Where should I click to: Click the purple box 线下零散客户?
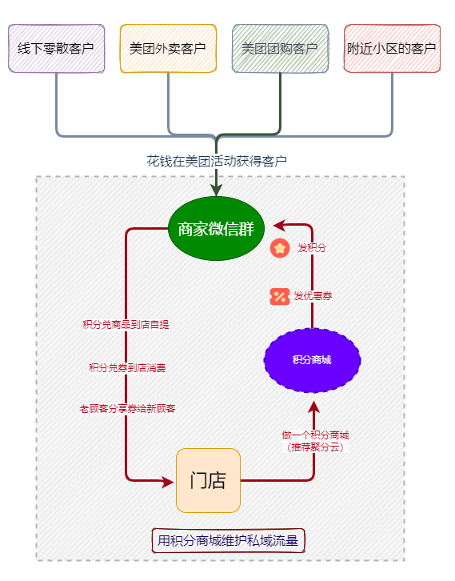click(56, 49)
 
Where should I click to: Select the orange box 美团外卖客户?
click(168, 49)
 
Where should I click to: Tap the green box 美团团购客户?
click(280, 49)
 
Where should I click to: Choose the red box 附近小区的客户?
click(392, 49)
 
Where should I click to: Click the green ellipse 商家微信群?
click(216, 229)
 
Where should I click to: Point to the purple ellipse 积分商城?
click(312, 360)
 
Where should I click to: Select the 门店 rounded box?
click(208, 481)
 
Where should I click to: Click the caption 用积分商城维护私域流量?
click(228, 541)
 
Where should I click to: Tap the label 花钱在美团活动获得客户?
click(217, 161)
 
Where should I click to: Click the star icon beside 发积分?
click(280, 248)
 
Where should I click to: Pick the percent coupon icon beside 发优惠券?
click(280, 296)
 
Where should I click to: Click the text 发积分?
click(312, 248)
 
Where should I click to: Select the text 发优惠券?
click(313, 296)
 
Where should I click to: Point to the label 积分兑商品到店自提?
click(126, 325)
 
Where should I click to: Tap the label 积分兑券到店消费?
click(127, 368)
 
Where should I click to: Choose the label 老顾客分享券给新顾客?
click(127, 409)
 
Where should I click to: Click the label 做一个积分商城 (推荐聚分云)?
click(315, 441)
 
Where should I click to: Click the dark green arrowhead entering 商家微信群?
click(216, 190)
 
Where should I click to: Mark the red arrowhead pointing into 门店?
click(168, 482)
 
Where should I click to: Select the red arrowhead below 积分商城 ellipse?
click(314, 407)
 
